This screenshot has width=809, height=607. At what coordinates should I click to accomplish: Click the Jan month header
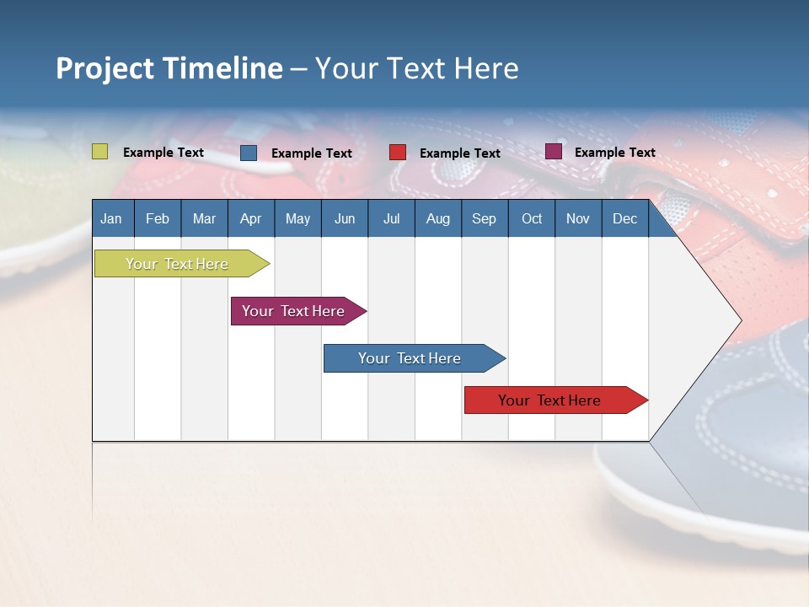click(111, 218)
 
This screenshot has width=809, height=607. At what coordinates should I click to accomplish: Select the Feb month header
click(158, 218)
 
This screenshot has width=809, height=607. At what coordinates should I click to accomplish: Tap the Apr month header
click(250, 218)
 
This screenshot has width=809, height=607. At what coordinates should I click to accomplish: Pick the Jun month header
click(345, 218)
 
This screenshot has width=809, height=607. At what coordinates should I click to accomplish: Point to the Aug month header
click(437, 218)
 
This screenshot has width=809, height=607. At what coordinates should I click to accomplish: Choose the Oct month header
click(532, 218)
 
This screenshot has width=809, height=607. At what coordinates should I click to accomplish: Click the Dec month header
click(624, 218)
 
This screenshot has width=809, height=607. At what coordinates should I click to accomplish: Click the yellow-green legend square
click(100, 152)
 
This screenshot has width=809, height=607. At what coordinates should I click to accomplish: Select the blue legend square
click(249, 153)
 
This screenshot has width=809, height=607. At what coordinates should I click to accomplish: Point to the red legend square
click(398, 153)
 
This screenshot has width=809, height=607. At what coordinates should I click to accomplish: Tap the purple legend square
click(554, 152)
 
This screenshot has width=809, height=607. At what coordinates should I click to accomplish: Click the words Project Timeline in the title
click(169, 68)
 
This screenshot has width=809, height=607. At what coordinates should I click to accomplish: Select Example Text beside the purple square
click(614, 153)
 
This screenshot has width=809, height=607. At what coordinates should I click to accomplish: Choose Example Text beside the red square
click(459, 153)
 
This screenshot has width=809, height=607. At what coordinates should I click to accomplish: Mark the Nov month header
click(578, 218)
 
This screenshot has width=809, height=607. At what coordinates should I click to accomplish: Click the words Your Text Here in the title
click(416, 68)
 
